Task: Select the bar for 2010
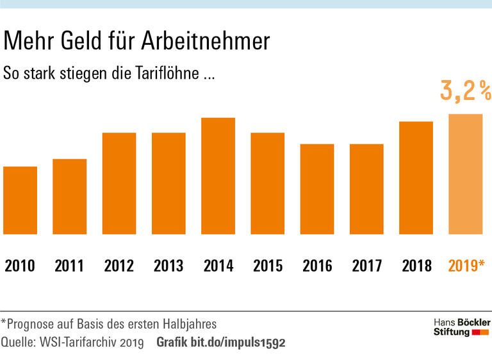(20, 200)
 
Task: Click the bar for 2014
(218, 176)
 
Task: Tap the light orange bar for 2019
(465, 174)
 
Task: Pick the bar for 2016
(317, 189)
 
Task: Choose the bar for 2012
(119, 183)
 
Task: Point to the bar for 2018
(416, 178)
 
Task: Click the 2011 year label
(69, 265)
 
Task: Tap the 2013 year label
(168, 265)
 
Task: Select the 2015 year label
(268, 265)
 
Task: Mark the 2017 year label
(366, 265)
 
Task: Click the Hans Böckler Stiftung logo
(461, 327)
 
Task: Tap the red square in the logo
(475, 333)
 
